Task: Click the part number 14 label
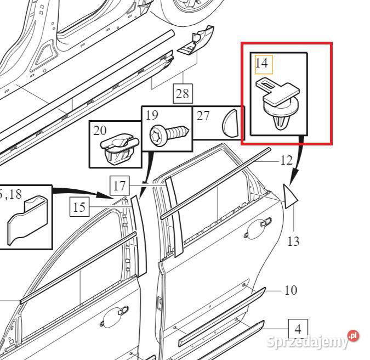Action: click(x=261, y=63)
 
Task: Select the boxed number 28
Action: click(x=183, y=93)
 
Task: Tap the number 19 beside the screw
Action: click(x=152, y=115)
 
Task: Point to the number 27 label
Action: click(x=203, y=116)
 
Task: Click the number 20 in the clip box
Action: click(x=100, y=131)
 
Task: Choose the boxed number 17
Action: click(x=119, y=185)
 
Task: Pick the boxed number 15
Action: click(x=79, y=207)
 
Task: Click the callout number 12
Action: click(x=287, y=160)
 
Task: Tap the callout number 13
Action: click(x=293, y=241)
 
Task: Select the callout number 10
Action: click(x=291, y=290)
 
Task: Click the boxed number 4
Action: click(x=298, y=329)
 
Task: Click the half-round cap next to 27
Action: click(x=230, y=123)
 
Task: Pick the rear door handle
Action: click(x=258, y=228)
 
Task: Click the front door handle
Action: click(x=115, y=317)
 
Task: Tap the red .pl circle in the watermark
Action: click(x=353, y=336)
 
